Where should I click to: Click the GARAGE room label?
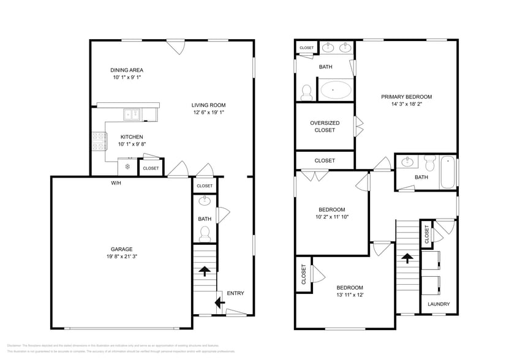(x=121, y=249)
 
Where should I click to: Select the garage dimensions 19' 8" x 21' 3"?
(x=121, y=257)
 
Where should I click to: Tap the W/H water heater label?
(x=116, y=183)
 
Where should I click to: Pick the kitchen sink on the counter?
(x=132, y=114)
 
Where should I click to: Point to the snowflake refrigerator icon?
(x=127, y=167)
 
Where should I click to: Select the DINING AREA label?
(x=127, y=70)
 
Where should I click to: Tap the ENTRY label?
(x=235, y=293)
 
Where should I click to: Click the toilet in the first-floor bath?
(x=205, y=233)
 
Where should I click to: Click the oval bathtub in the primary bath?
(x=334, y=90)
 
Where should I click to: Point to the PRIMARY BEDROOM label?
(x=406, y=97)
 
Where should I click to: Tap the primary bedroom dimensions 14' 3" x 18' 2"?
(x=406, y=105)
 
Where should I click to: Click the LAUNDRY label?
(x=439, y=304)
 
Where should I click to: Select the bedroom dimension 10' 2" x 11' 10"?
(x=331, y=217)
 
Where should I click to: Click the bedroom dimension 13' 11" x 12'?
(x=349, y=295)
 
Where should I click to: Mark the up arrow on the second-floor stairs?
(x=405, y=258)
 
